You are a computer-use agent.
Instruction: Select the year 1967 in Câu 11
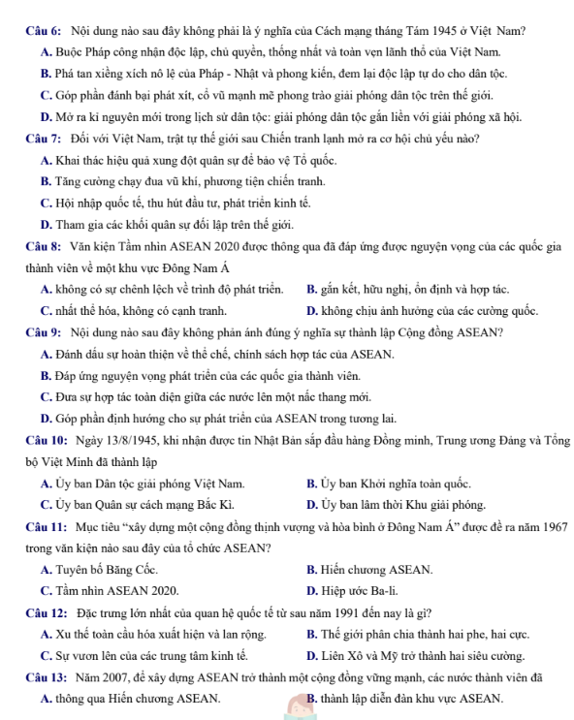point(536,525)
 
